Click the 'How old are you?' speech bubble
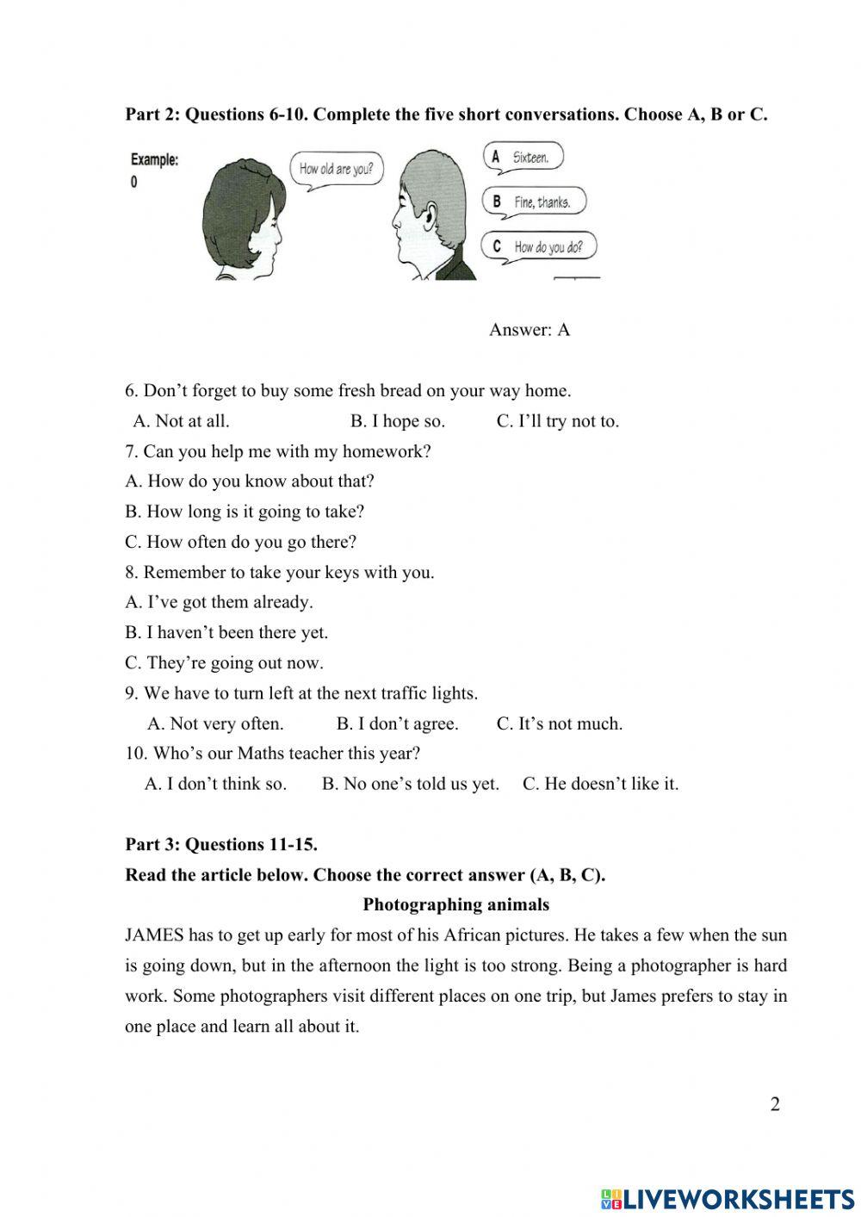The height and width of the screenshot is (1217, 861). [336, 169]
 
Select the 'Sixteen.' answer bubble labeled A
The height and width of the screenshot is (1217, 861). [523, 158]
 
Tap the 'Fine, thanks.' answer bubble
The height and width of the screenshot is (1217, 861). [534, 202]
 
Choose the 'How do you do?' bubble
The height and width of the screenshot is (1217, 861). [539, 247]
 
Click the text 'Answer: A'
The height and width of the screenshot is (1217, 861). [529, 330]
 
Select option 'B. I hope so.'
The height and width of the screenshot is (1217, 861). [397, 421]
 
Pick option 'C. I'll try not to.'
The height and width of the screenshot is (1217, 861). [557, 421]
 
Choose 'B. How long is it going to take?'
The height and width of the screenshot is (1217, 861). [245, 512]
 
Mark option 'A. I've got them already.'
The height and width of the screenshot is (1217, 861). [219, 602]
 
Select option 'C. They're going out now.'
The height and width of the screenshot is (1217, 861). [224, 663]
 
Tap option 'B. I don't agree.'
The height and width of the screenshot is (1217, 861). [397, 723]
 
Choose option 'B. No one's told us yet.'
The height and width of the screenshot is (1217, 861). [410, 784]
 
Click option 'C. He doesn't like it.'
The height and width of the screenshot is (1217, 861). [600, 784]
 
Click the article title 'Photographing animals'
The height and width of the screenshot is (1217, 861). [455, 904]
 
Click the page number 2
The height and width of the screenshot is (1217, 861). [775, 1105]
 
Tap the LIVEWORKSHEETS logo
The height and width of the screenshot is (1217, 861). [727, 1198]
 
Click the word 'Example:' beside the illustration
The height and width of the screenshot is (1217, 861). [154, 160]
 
